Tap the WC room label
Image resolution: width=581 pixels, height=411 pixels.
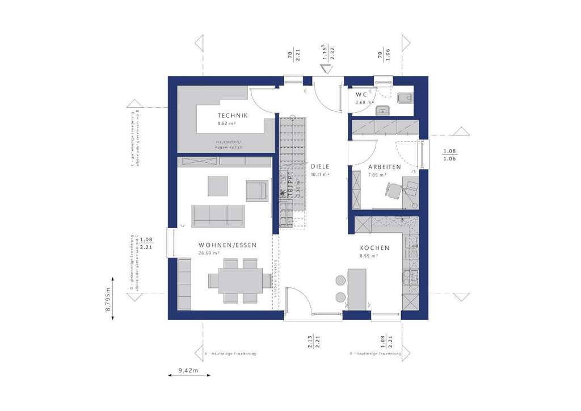[361, 94]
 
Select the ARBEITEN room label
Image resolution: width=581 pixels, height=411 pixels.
[384, 167]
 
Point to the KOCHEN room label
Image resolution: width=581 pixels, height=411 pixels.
[374, 248]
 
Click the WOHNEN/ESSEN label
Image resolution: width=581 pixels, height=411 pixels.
[228, 245]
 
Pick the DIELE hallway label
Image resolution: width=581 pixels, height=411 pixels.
[320, 167]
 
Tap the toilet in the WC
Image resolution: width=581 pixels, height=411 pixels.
[406, 98]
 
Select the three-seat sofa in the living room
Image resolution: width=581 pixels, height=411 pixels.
[218, 215]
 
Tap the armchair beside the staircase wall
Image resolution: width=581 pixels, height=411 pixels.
[256, 190]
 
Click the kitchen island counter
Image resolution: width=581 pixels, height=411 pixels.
[357, 289]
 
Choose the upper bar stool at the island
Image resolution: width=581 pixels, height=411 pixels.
[340, 280]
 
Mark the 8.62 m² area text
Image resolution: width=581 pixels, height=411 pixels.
[226, 123]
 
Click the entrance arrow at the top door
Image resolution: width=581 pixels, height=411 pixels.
[327, 70]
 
